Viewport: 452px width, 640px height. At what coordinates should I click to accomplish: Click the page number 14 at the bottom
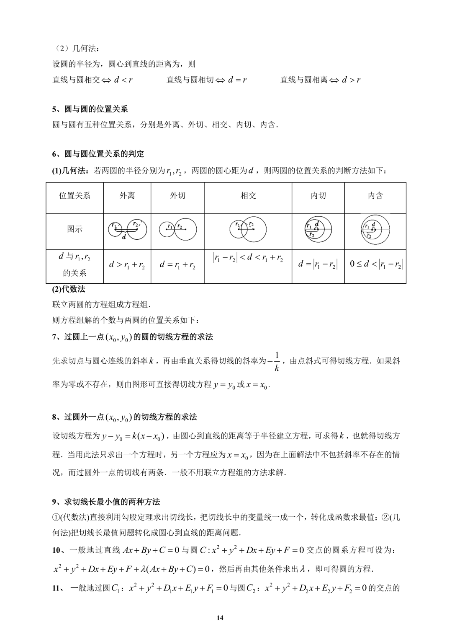(220, 618)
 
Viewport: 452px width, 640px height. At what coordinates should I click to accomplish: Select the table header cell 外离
(127, 196)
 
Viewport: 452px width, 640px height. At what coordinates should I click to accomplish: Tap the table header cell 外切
(177, 196)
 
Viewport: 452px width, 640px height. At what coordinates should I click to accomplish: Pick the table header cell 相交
(248, 196)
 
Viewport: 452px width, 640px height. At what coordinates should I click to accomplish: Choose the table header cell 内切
(318, 196)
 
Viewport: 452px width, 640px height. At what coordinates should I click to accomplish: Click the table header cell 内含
(375, 196)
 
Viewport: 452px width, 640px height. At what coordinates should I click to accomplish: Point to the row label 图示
(74, 229)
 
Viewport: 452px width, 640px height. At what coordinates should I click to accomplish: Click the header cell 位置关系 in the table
(74, 196)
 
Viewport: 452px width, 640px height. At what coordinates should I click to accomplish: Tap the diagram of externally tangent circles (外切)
(177, 228)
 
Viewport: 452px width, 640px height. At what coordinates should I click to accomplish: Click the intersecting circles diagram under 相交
(248, 229)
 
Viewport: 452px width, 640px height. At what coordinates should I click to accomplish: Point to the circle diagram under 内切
(318, 229)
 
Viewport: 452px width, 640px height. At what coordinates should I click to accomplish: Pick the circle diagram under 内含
(375, 229)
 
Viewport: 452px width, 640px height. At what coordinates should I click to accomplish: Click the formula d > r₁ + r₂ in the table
(127, 265)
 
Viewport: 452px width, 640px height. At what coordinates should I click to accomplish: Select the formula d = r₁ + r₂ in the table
(177, 265)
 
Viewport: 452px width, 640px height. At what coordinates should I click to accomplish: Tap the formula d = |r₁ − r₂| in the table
(318, 264)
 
